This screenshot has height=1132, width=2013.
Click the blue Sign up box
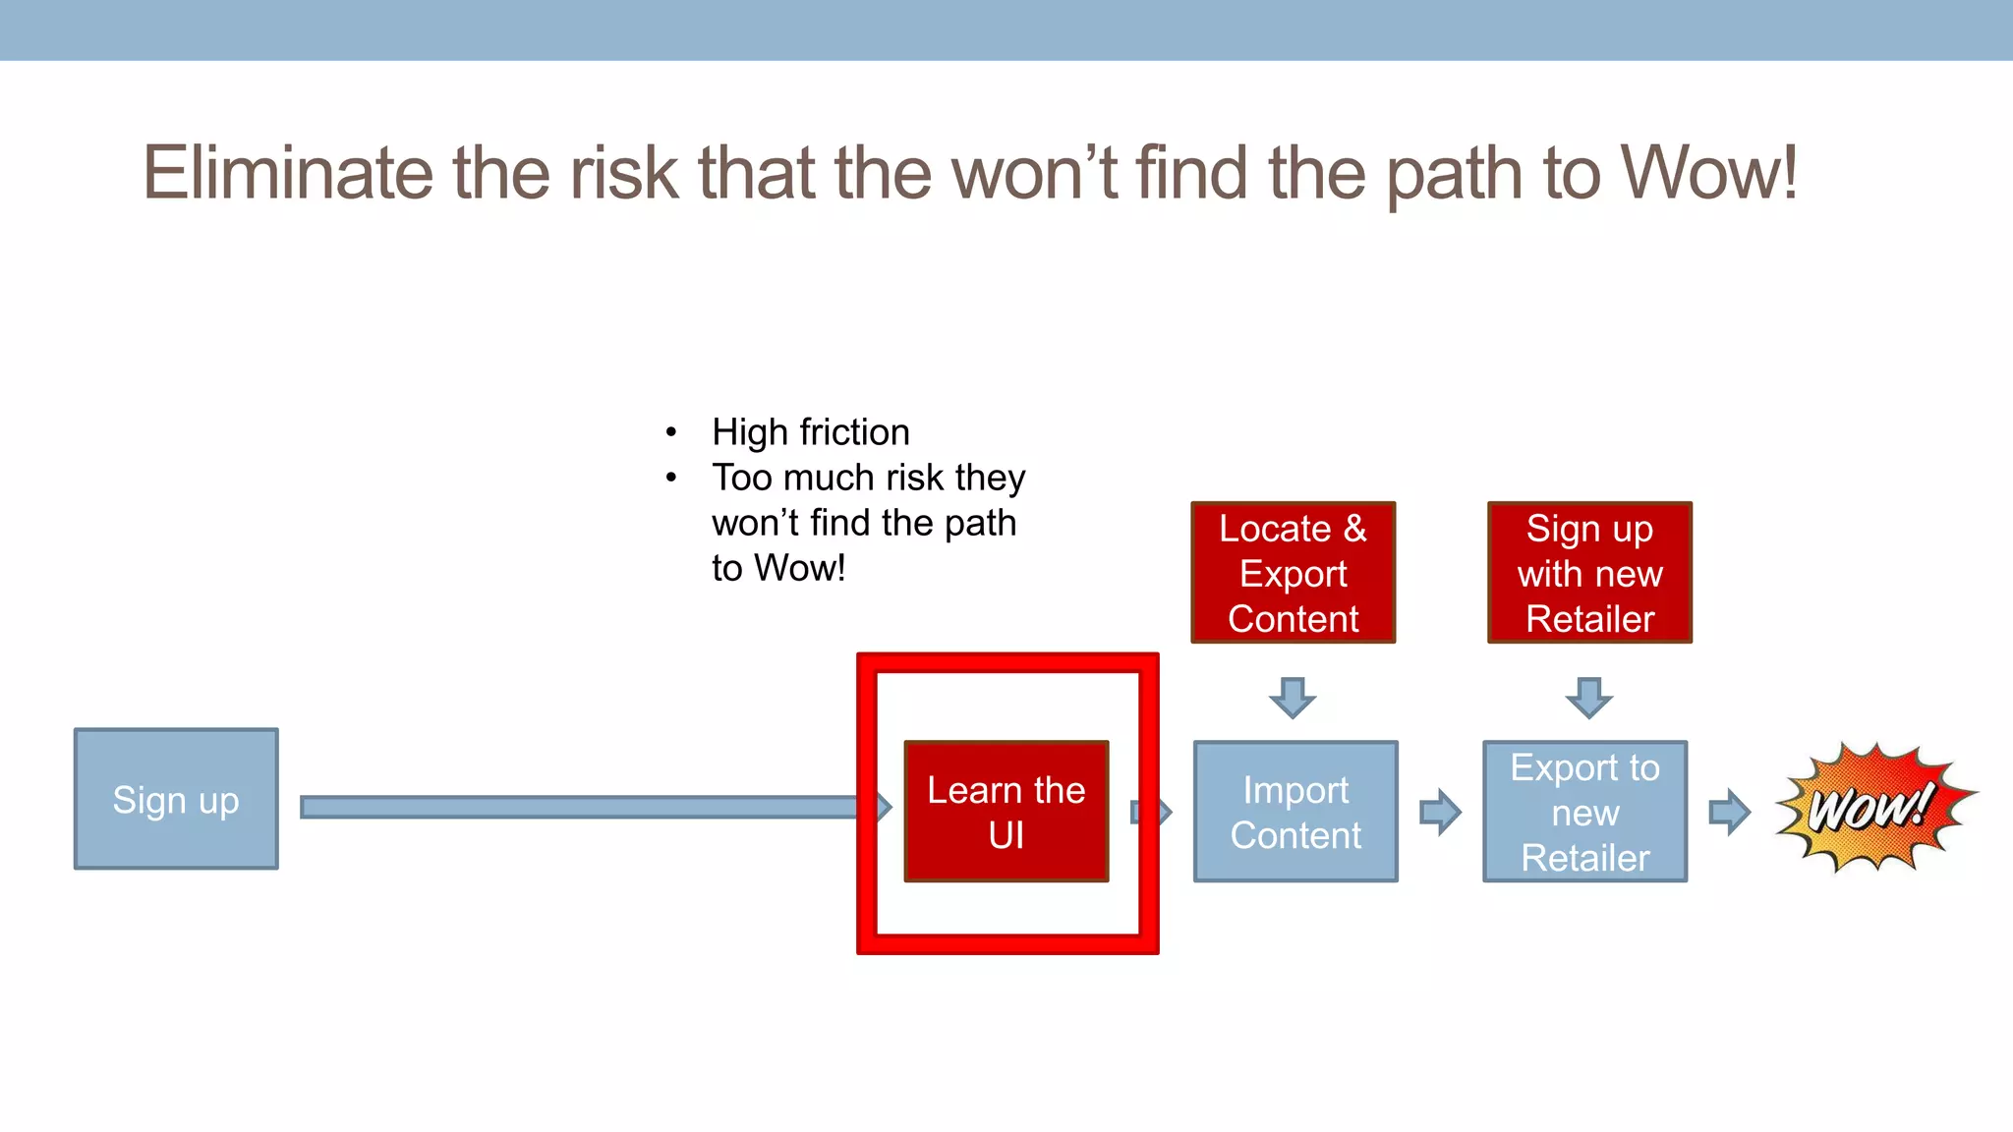tap(176, 799)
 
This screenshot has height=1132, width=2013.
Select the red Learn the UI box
tap(1006, 812)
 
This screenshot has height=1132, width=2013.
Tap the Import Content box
tap(1294, 812)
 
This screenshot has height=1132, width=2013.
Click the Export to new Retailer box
tap(1584, 812)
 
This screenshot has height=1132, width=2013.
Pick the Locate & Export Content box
tap(1293, 573)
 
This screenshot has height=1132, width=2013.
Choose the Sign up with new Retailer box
tap(1589, 573)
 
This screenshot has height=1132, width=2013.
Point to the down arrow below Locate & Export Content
tap(1293, 697)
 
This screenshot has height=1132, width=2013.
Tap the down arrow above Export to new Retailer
tap(1588, 697)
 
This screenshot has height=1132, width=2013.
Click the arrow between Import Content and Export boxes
tap(1440, 812)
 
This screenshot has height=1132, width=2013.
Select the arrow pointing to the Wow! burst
tap(1729, 812)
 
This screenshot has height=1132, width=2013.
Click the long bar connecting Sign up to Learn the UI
tap(580, 808)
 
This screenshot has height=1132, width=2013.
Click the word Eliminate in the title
tap(287, 173)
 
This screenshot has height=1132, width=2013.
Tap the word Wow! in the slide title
tap(1708, 173)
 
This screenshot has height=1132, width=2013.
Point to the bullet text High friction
tap(810, 432)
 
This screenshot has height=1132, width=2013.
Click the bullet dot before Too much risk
tap(671, 479)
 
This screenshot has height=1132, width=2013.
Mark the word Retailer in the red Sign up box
tap(1589, 619)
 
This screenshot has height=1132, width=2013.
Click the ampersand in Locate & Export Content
tap(1354, 529)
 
